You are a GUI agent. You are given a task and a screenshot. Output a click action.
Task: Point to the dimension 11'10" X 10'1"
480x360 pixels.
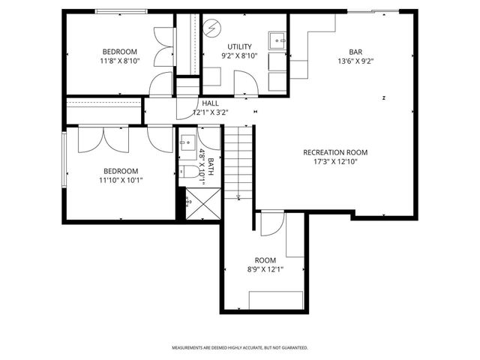(x=122, y=180)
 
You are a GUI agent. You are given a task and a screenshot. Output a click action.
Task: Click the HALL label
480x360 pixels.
(x=210, y=103)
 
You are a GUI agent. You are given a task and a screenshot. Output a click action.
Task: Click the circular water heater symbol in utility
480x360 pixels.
(x=214, y=28)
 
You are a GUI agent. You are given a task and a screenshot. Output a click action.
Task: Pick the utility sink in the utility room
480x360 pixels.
(x=277, y=39)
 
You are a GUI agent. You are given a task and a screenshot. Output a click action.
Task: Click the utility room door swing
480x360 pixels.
(x=245, y=81)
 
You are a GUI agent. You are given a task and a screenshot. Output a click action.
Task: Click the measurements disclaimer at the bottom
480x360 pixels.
(x=240, y=348)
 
